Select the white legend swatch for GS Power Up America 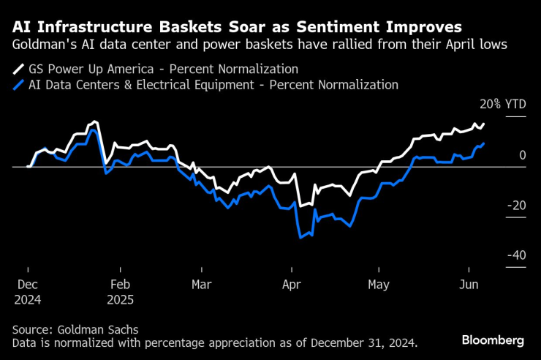[x=18, y=70]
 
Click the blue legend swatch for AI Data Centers [x=18, y=85]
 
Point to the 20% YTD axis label [x=502, y=105]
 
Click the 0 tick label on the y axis [x=523, y=155]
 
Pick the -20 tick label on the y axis [x=515, y=206]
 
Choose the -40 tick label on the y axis [x=515, y=255]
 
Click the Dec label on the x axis [x=27, y=285]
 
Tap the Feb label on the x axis [x=120, y=285]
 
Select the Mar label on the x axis [x=202, y=285]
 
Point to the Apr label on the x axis [x=292, y=285]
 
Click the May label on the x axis [x=379, y=285]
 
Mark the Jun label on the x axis [x=467, y=285]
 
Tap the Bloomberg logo [x=493, y=340]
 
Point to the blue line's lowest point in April [x=300, y=237]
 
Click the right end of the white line [x=484, y=124]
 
